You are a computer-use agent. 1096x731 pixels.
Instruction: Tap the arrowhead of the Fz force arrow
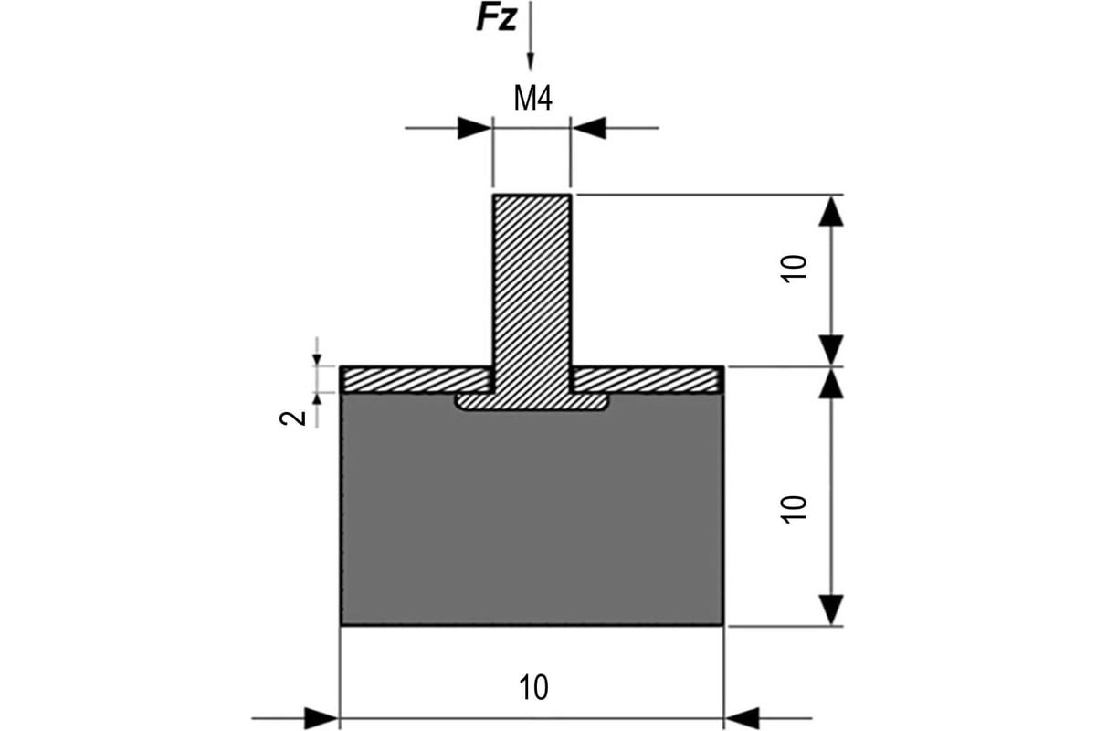click(530, 62)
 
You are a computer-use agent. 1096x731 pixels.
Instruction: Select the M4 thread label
click(532, 99)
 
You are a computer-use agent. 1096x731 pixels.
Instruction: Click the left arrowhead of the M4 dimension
click(474, 128)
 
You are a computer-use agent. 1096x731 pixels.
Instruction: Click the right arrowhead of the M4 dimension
click(589, 128)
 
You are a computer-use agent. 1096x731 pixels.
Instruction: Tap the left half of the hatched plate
click(416, 379)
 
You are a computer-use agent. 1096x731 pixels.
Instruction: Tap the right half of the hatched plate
click(648, 379)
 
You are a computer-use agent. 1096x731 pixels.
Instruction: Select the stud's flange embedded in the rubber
click(532, 401)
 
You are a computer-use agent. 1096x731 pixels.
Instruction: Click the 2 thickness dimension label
click(292, 418)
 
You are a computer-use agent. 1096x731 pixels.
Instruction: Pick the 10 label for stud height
click(793, 269)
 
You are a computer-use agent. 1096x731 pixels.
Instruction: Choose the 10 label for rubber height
click(793, 510)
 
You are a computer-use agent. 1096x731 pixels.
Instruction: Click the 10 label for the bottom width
click(533, 687)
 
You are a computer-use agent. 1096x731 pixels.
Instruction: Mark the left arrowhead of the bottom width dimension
click(321, 718)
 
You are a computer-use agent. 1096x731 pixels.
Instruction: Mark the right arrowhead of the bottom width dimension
click(743, 718)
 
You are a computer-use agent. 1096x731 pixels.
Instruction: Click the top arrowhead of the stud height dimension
click(831, 211)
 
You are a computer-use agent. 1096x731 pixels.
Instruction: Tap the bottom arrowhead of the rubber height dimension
click(831, 609)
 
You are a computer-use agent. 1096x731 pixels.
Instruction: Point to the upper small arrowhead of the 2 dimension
click(317, 360)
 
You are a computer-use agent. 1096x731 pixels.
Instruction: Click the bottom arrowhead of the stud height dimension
click(831, 350)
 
